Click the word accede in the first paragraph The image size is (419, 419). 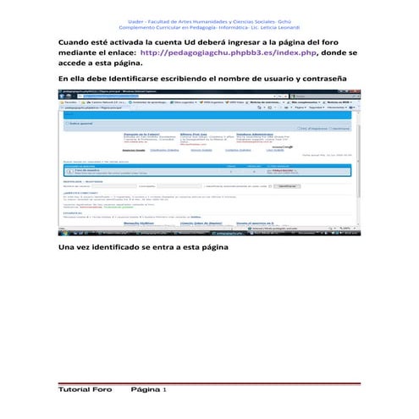[x=76, y=63]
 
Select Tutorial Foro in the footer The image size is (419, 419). [x=85, y=389]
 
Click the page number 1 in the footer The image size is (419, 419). [x=164, y=389]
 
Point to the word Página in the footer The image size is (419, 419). [x=144, y=389]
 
